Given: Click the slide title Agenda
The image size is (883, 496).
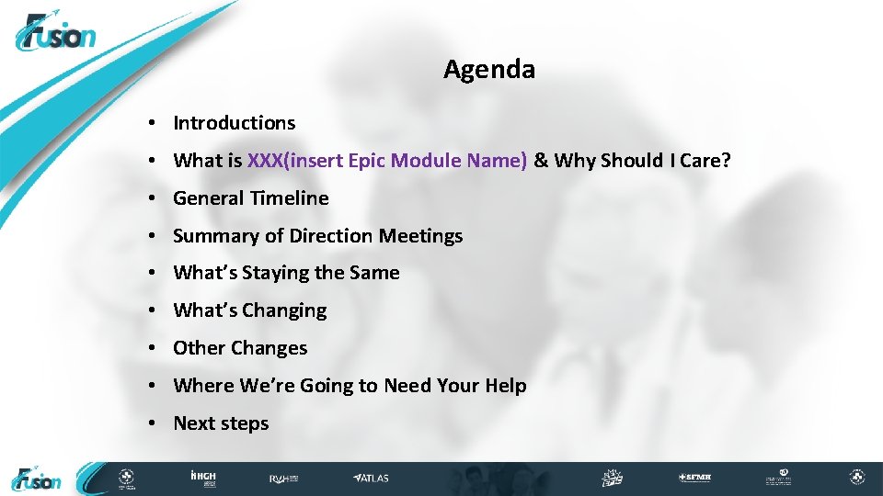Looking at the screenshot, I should pos(488,70).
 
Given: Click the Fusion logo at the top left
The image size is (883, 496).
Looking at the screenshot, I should pos(56,35).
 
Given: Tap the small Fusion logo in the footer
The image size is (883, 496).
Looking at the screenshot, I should pos(37,479).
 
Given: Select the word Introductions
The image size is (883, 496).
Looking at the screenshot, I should pos(234,123).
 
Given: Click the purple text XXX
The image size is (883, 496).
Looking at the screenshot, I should pos(265,161).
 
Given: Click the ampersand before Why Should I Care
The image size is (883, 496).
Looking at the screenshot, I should pos(541,161).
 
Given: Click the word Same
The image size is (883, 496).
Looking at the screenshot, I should pos(374,273).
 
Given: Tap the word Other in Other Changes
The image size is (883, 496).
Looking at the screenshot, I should pos(199,348).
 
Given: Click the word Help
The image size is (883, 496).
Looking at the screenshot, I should pos(505,386).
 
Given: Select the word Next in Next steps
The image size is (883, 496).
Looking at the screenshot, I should pos(193,423).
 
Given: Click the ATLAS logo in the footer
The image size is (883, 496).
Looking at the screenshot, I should pos(372,479).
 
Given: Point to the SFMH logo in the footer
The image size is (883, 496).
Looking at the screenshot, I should pos(694,479).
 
